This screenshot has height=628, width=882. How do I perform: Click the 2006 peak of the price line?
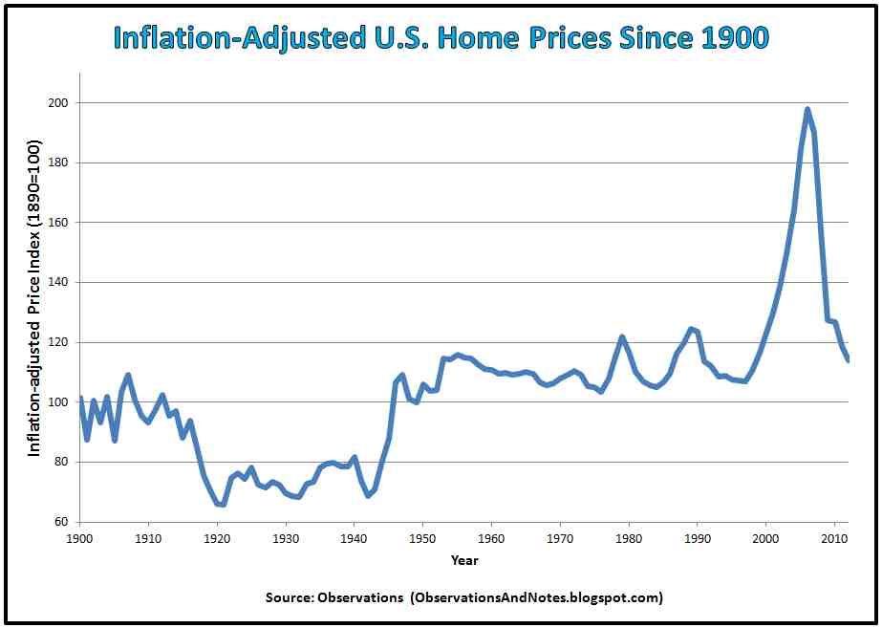(807, 109)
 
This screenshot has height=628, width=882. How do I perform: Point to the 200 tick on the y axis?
(59, 102)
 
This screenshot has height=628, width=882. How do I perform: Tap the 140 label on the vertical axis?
(59, 282)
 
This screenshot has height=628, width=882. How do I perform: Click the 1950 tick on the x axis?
(423, 538)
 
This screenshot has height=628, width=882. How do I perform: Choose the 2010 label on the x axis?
(835, 538)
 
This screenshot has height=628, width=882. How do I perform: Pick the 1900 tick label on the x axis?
(80, 538)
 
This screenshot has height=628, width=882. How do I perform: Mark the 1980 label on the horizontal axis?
(629, 538)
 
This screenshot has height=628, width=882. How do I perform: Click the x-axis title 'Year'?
(464, 559)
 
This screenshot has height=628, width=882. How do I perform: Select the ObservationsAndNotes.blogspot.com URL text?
(536, 597)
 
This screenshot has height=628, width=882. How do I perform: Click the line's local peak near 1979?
(622, 336)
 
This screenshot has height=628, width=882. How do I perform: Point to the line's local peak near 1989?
(690, 329)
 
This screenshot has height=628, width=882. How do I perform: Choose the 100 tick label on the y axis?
(59, 402)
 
